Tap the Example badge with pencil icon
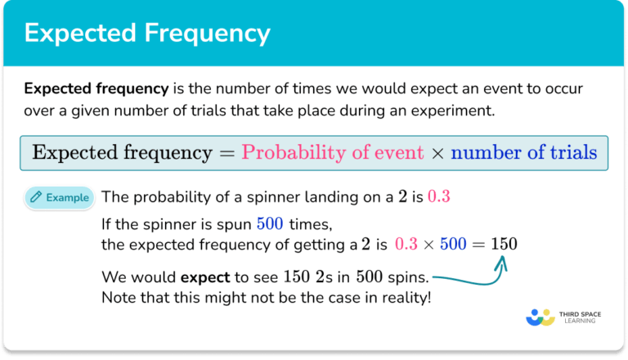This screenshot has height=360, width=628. [x=60, y=197]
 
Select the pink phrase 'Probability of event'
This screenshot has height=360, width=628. [x=333, y=152]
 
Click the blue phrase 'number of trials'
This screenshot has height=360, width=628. [x=523, y=152]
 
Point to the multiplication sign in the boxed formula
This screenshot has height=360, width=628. [x=437, y=153]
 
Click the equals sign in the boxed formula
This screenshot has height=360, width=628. [x=229, y=153]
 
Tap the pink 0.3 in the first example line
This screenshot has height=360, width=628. [x=438, y=197]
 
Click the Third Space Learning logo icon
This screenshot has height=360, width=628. [x=542, y=317]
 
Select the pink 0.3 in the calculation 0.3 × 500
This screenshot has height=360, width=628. [x=406, y=244]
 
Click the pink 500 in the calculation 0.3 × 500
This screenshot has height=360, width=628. [x=449, y=244]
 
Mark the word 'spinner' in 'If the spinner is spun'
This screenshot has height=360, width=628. [x=160, y=223]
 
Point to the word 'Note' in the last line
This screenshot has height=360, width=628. [x=118, y=295]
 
